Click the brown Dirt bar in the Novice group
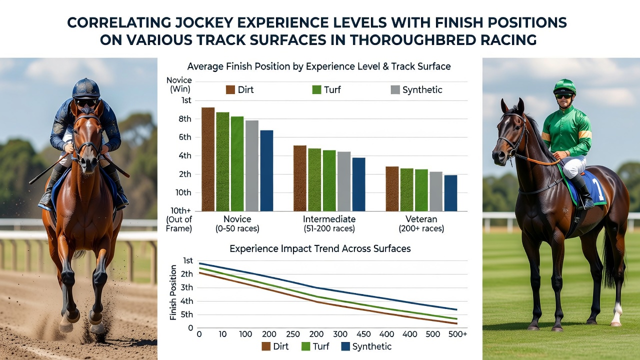pyautogui.click(x=208, y=159)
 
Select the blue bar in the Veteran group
pyautogui.click(x=450, y=193)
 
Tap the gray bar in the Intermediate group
pyautogui.click(x=343, y=181)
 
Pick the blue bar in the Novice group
pyautogui.click(x=266, y=170)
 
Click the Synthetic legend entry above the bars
pyautogui.click(x=416, y=89)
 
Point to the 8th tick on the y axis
pyautogui.click(x=185, y=119)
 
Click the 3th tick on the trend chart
pyautogui.click(x=186, y=287)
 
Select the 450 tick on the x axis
pyautogui.click(x=363, y=334)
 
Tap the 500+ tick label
pyautogui.click(x=457, y=334)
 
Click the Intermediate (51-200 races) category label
pyautogui.click(x=329, y=223)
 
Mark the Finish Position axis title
pyautogui.click(x=173, y=292)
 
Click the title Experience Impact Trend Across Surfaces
pyautogui.click(x=320, y=248)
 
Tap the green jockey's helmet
pyautogui.click(x=564, y=87)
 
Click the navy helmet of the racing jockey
pyautogui.click(x=86, y=88)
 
